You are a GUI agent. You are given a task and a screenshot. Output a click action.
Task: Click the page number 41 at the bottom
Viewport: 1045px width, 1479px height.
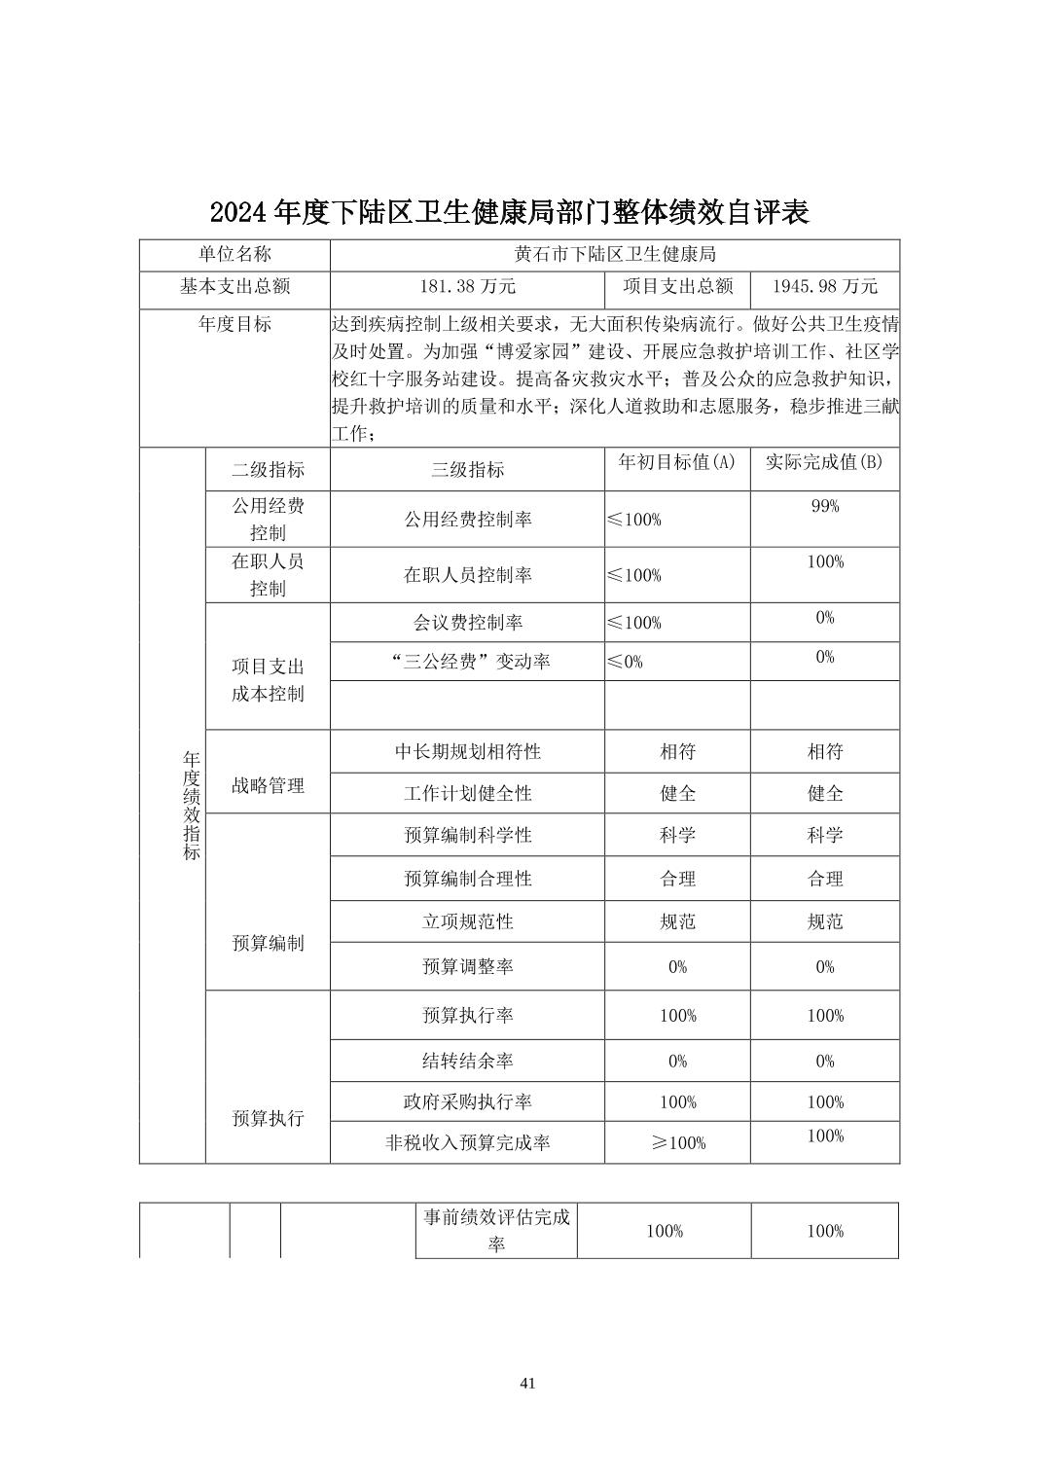528,1383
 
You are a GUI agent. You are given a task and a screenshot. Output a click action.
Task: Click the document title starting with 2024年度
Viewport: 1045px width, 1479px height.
509,212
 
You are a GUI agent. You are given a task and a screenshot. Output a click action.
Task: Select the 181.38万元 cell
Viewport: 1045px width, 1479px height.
467,286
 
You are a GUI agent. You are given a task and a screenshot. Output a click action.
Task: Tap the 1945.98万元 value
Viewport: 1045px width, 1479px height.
824,286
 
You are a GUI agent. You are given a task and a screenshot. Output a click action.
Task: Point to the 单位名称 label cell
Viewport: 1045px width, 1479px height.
234,255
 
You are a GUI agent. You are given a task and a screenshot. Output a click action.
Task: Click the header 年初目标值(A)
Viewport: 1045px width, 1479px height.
677,462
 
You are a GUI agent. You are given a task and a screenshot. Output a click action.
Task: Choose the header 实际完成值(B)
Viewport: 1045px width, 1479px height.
824,462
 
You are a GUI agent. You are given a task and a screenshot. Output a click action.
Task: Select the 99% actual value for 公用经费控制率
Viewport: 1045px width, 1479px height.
824,506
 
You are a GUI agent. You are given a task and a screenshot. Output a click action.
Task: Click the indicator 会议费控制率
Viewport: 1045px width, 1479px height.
467,622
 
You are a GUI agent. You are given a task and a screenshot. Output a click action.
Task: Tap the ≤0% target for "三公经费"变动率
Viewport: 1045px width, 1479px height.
625,662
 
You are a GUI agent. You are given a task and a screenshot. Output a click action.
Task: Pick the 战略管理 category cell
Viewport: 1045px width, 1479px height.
268,785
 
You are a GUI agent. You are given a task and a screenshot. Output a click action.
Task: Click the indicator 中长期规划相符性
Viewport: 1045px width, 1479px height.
467,751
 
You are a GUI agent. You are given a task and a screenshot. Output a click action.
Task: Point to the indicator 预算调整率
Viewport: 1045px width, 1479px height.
467,966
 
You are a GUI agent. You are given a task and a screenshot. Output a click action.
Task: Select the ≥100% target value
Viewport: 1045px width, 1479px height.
677,1143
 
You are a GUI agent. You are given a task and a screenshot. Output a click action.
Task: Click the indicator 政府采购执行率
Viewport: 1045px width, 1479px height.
467,1101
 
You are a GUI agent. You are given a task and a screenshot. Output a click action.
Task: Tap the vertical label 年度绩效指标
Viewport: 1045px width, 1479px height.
192,805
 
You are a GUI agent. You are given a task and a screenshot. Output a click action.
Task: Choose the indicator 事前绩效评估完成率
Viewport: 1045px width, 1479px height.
496,1230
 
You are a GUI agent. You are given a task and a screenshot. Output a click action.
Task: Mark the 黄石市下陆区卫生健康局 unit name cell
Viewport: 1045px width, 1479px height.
615,255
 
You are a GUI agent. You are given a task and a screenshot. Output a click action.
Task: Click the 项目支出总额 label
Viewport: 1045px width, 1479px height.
677,286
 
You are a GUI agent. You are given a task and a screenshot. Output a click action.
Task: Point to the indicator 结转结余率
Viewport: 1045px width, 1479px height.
467,1061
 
